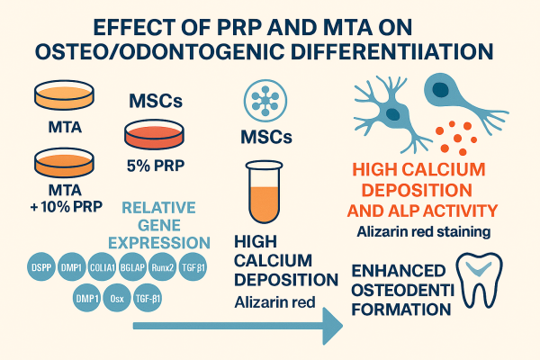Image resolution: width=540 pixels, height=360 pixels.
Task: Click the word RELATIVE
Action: [x=159, y=207]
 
